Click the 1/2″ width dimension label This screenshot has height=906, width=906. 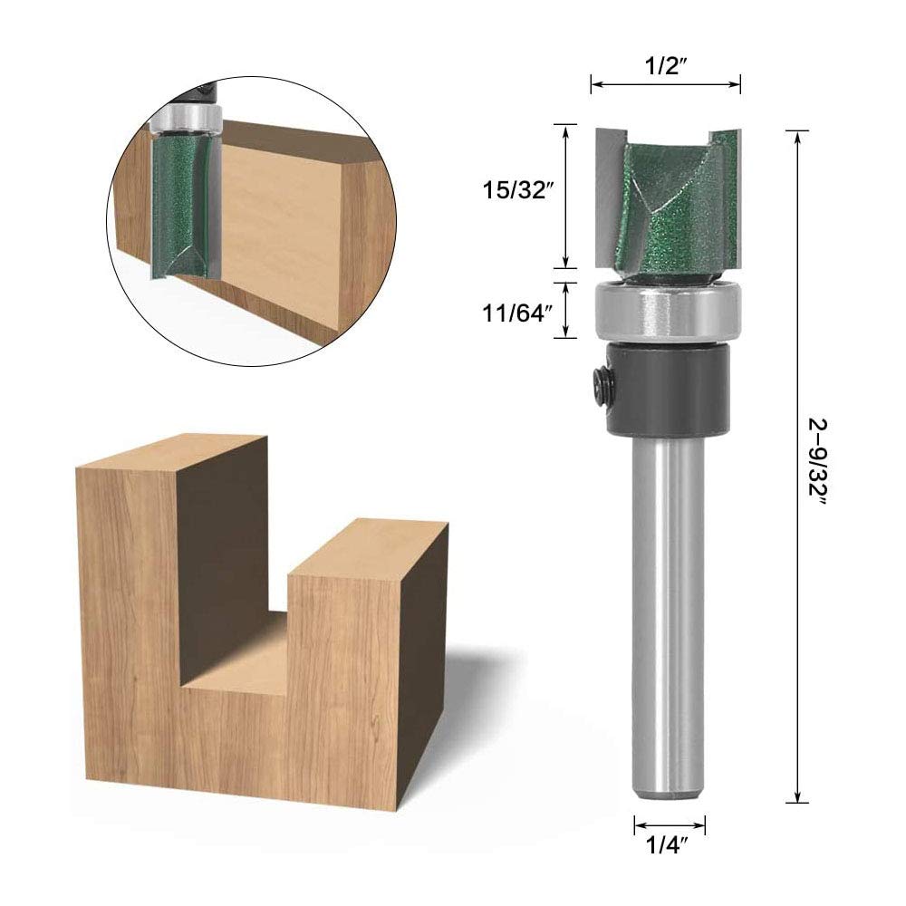666,66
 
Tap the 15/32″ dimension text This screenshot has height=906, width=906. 515,190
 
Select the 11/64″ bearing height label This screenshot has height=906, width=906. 515,313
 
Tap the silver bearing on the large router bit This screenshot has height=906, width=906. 668,311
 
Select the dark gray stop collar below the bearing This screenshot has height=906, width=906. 668,387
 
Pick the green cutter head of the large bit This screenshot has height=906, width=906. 668,202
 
